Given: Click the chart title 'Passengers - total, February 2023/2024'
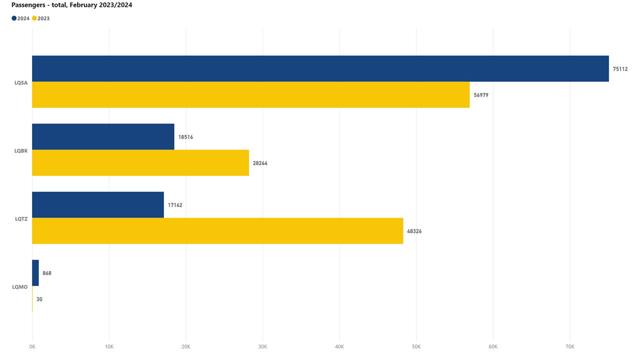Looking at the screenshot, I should (72, 5).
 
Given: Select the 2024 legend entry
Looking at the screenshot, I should (20, 18).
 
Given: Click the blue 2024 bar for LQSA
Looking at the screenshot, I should (320, 68).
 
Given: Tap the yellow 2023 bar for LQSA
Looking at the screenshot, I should (250, 94).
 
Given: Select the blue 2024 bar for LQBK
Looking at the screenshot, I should (103, 136).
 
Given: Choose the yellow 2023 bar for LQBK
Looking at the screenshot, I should (140, 162).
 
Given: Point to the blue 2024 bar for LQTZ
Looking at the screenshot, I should (98, 204).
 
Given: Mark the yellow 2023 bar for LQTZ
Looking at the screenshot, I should (217, 230).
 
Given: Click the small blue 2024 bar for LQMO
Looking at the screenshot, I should (35, 272).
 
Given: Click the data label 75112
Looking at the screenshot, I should (620, 69).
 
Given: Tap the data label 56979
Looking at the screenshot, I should (481, 95).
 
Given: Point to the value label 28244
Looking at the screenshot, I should (260, 163).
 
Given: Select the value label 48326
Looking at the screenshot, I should (414, 231).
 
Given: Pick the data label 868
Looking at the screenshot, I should (47, 273).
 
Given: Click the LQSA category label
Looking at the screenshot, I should (21, 82).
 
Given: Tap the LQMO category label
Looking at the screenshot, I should (20, 286).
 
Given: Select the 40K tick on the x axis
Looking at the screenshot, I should (339, 346).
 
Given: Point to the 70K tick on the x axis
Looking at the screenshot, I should (570, 346).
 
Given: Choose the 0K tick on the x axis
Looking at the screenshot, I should (32, 346).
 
